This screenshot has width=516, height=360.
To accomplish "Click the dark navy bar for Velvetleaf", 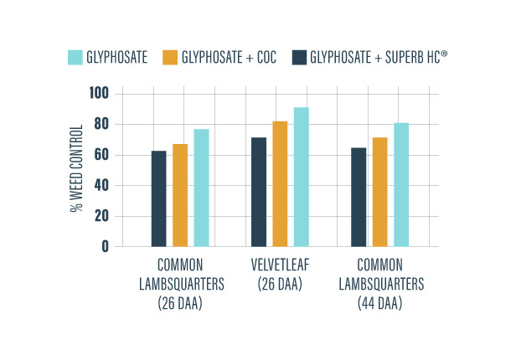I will [x=260, y=192].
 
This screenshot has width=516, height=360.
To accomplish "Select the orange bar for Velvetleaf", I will [x=280, y=183].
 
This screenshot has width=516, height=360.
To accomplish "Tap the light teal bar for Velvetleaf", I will [x=301, y=177].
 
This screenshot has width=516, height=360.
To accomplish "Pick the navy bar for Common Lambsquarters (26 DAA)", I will [x=158, y=198].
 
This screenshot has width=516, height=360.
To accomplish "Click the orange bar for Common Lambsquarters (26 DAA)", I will [x=180, y=195].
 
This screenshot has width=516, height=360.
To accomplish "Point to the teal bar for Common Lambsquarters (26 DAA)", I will [x=201, y=188].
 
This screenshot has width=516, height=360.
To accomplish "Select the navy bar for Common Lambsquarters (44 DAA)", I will [x=359, y=197].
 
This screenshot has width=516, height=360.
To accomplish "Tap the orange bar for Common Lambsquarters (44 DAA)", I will [x=380, y=192].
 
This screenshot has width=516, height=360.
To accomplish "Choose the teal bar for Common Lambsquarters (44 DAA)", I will [x=401, y=184].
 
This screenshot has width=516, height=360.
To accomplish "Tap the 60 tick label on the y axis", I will [x=101, y=155].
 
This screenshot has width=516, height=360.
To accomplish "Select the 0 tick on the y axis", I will [x=105, y=246].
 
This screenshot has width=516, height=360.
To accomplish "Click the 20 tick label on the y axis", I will [x=101, y=216].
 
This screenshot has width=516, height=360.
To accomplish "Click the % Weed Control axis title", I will [x=75, y=168].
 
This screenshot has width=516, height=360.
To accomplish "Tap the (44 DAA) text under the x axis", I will [x=380, y=304].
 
